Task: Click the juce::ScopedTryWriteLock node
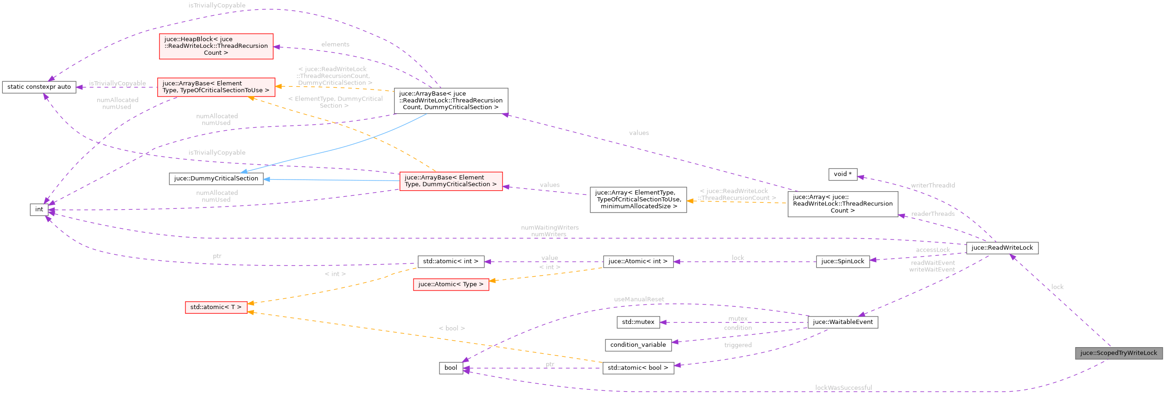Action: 1118,353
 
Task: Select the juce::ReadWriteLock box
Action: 1002,248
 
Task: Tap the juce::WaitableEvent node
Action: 842,322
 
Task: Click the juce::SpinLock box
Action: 842,261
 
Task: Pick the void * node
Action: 842,174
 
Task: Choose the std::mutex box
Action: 638,322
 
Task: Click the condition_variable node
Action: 638,345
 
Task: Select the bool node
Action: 451,368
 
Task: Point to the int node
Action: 39,209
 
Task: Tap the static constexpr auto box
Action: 39,87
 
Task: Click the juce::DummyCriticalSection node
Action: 216,179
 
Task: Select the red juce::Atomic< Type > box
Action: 451,284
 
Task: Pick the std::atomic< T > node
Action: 216,307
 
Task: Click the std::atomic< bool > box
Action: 638,368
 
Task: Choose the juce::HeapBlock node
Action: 216,46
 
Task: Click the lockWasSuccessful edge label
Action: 843,388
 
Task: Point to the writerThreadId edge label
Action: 933,185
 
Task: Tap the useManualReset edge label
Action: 639,299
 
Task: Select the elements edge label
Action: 335,45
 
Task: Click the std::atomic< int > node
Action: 451,261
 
